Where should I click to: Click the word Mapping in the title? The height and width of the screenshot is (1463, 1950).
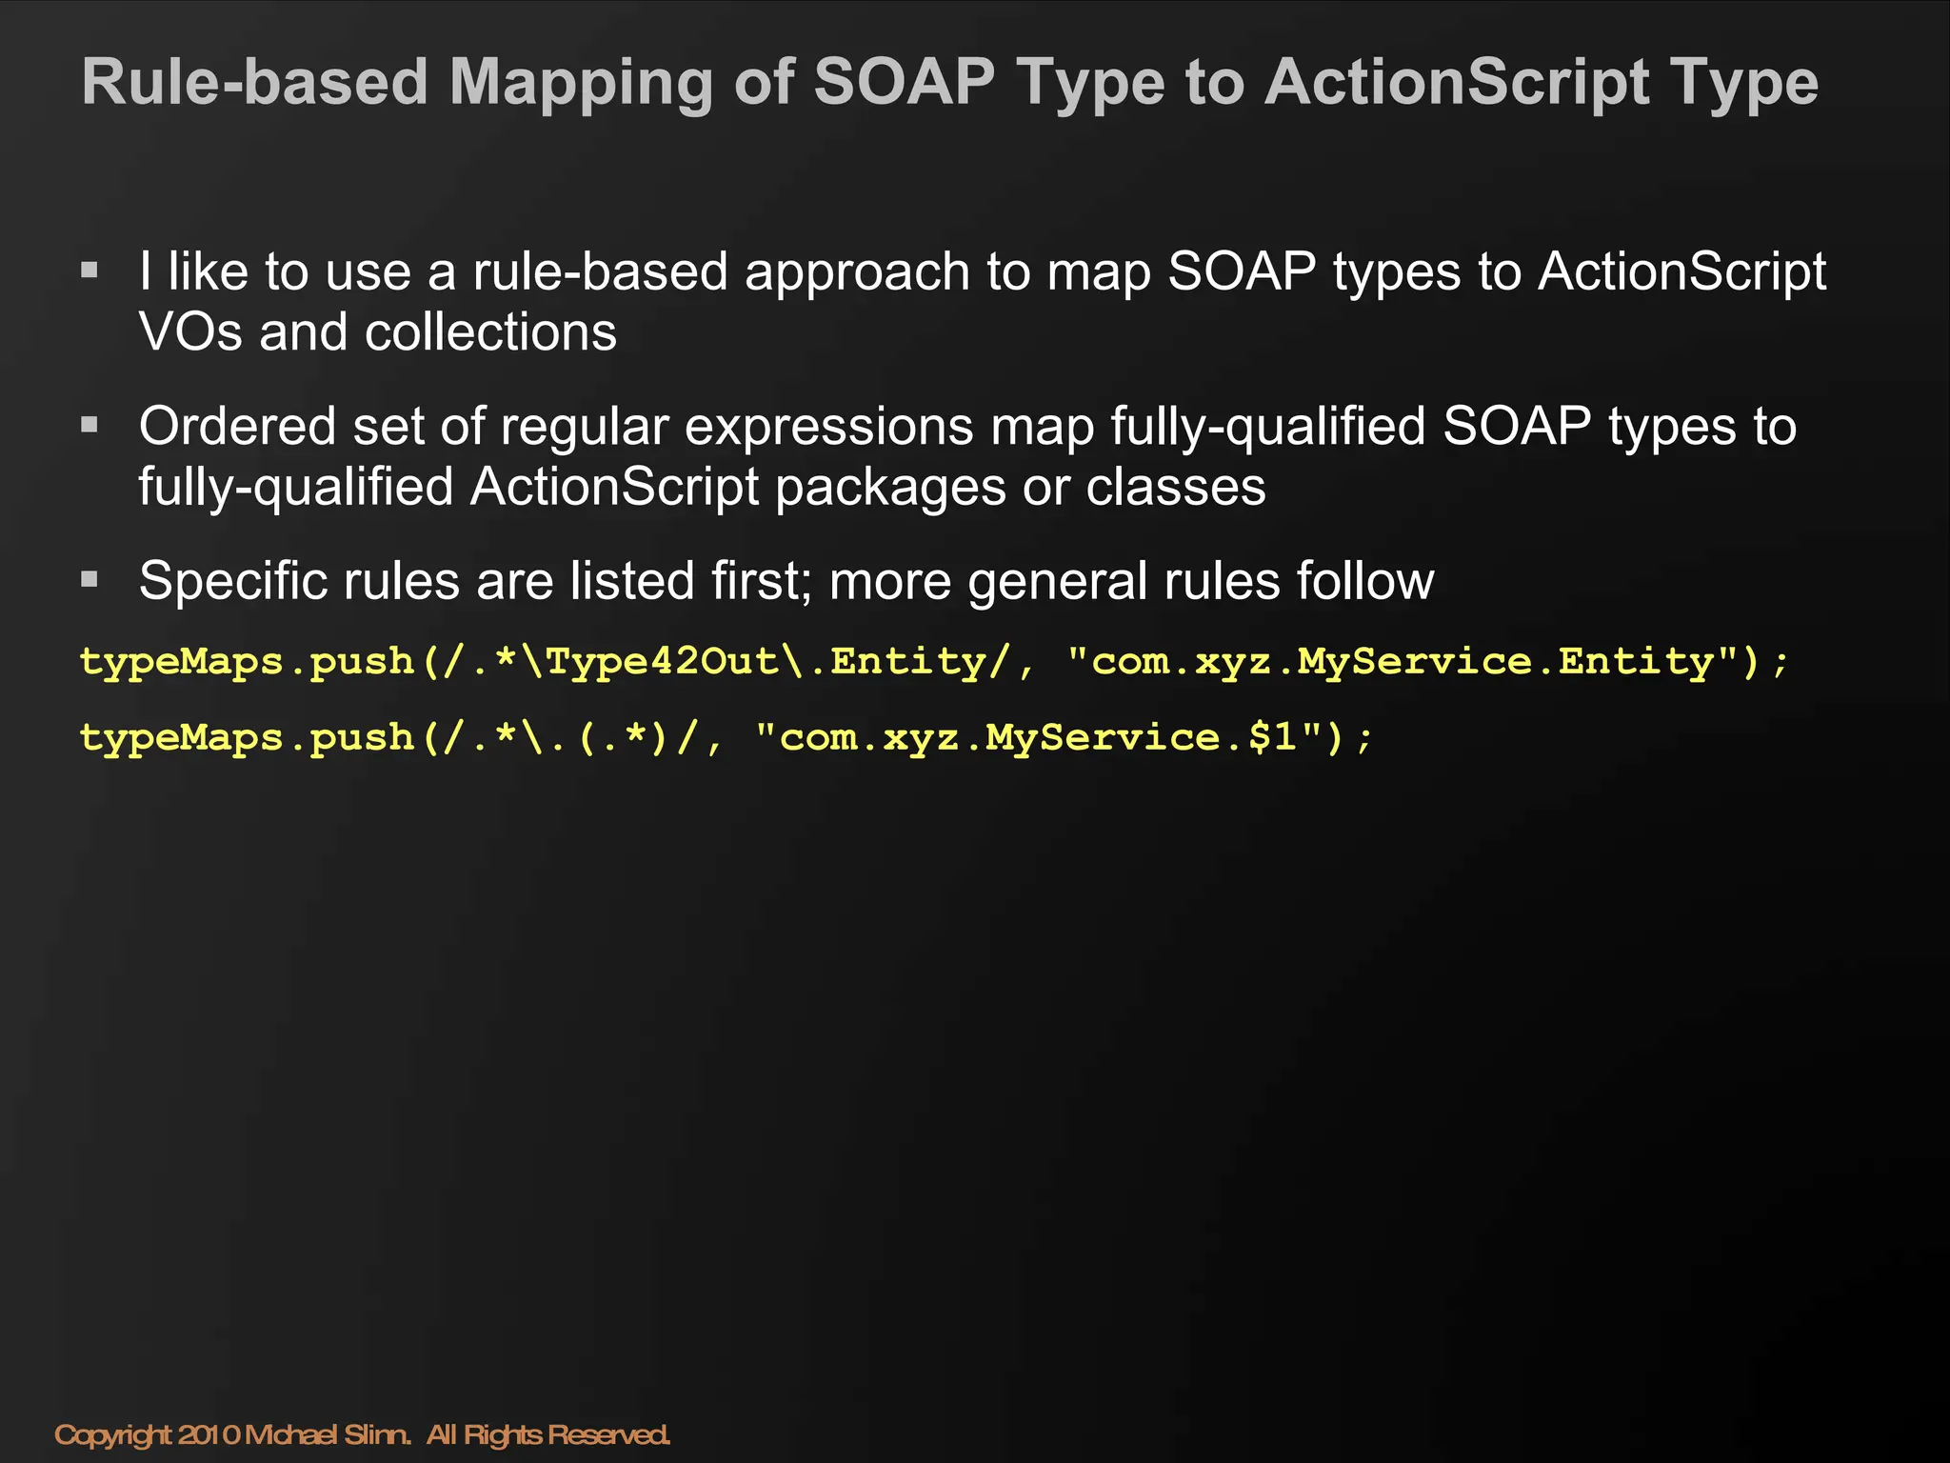coord(581,83)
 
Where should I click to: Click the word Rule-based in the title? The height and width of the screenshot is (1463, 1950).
coord(255,83)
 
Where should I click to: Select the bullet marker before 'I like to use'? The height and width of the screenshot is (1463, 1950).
coord(90,271)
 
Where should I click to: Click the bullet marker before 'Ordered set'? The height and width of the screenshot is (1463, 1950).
coord(90,425)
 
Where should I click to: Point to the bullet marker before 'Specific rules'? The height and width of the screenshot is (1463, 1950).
coord(90,579)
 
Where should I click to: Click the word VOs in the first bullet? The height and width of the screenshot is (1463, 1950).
coord(190,332)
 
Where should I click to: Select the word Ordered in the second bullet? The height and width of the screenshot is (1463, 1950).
coord(237,426)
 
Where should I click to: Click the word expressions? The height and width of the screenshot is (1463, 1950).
coord(828,426)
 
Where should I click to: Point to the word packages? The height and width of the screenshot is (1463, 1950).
coord(890,488)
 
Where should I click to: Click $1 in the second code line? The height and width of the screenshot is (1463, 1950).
coord(1272,737)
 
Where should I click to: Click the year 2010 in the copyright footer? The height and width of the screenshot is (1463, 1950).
coord(209,1434)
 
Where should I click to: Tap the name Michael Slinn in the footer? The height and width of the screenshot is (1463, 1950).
coord(328,1434)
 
